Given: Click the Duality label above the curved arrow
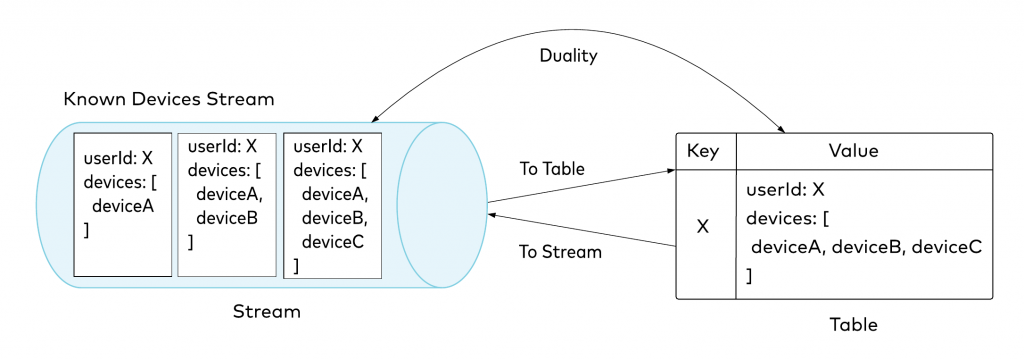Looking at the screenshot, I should [569, 56].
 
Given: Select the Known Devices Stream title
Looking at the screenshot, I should [168, 100].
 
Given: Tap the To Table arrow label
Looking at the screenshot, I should [551, 168].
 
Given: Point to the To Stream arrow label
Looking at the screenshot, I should [560, 251].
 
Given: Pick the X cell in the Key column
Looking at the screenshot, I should [704, 227].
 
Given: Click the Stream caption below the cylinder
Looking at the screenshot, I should [267, 311].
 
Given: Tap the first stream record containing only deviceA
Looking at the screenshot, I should [124, 204].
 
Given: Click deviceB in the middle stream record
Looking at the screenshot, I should [229, 217].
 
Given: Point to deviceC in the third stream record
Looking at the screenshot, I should [334, 242].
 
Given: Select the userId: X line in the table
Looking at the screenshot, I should [785, 189].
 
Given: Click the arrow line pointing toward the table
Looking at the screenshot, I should [580, 187].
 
